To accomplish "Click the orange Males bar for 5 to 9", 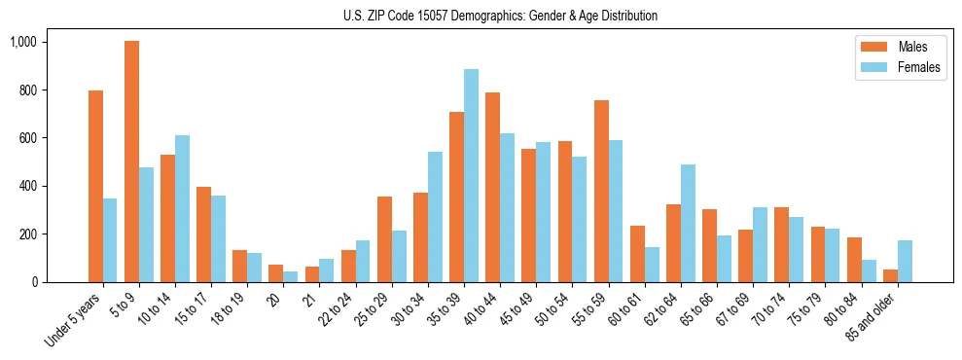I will tap(132, 162).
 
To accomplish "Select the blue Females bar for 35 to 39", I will tap(471, 175).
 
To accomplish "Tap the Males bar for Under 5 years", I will tap(95, 186).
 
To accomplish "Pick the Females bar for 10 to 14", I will tap(182, 208).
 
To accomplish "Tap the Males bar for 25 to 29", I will tap(385, 239).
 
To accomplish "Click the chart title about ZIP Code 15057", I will tap(500, 16).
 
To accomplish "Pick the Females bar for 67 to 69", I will tap(760, 244).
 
